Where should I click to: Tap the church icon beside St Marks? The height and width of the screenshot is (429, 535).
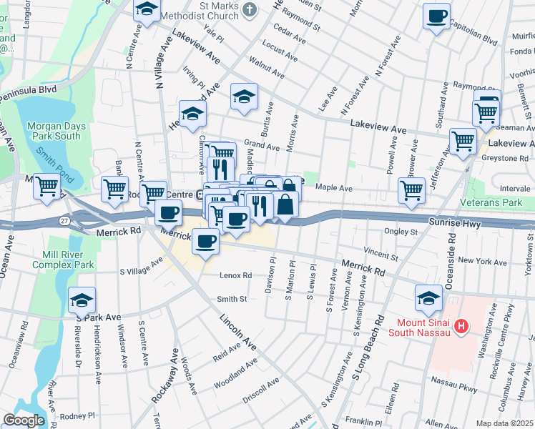(249, 9)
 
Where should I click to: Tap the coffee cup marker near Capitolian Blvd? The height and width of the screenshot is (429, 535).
(436, 16)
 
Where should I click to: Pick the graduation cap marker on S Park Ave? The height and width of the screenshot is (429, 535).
(82, 300)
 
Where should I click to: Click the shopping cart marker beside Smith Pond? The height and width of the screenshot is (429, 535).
(47, 186)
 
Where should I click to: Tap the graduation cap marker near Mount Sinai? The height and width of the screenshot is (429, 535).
(428, 297)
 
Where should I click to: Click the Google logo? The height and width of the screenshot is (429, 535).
(24, 420)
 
